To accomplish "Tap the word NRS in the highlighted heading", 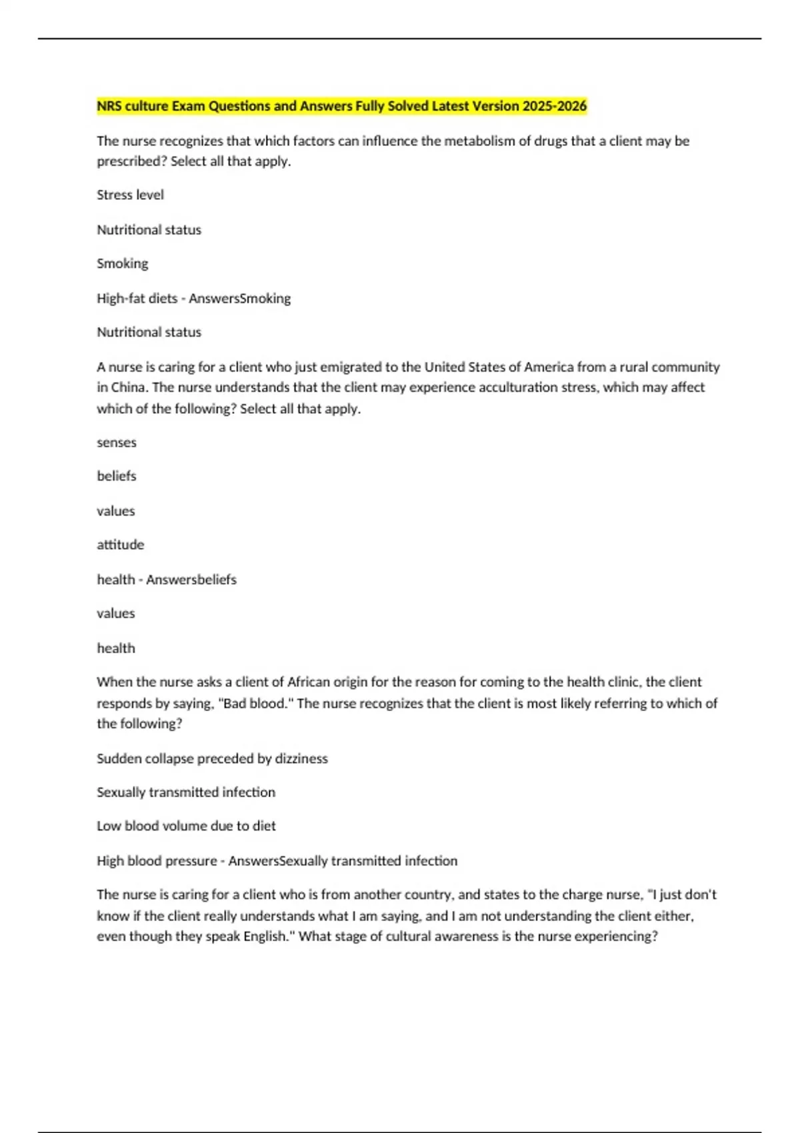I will click(x=108, y=106).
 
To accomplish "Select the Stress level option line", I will click(x=130, y=195).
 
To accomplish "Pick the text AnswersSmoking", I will click(x=239, y=299).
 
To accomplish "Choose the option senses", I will click(x=116, y=443).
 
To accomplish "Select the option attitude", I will click(x=120, y=545).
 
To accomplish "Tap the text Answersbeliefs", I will click(x=191, y=580).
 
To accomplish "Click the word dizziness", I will click(x=301, y=758).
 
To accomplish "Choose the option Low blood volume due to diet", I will click(x=186, y=826).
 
